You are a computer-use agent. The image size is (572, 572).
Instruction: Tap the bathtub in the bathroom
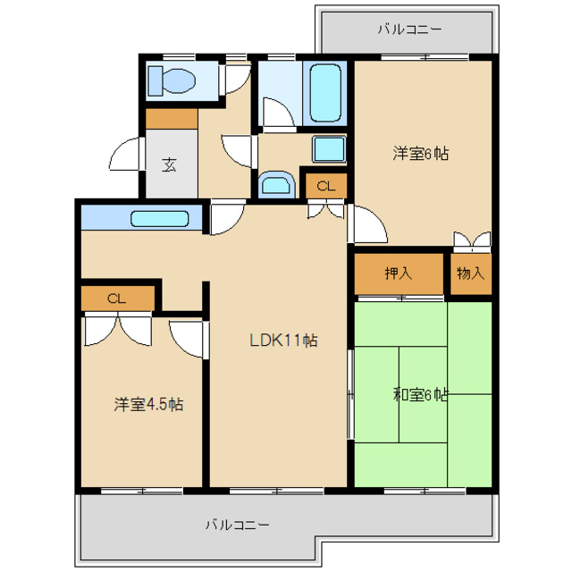click(324, 92)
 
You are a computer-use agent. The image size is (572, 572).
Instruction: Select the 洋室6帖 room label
click(420, 153)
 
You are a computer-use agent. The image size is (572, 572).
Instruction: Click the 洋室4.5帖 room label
click(148, 404)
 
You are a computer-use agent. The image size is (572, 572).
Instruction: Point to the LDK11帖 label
click(283, 341)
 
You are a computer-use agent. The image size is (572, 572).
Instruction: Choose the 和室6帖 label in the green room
click(420, 394)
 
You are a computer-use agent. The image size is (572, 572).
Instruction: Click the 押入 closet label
click(398, 273)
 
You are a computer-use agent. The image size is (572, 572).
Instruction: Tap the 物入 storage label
click(470, 273)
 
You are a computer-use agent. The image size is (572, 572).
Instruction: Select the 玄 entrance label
click(169, 164)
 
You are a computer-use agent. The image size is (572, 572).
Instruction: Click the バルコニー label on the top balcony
click(409, 29)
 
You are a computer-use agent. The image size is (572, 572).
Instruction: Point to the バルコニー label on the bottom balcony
click(237, 524)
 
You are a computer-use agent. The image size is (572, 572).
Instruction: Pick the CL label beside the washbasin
click(326, 186)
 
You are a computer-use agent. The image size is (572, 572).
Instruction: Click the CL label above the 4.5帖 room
click(117, 299)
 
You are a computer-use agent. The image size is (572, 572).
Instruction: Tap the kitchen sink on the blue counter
click(160, 219)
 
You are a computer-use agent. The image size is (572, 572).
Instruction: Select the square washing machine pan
click(329, 148)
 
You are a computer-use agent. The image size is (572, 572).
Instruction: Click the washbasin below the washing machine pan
click(275, 186)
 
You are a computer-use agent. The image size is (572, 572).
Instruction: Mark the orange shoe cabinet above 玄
click(172, 118)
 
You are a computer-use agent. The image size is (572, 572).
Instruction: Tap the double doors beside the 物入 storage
click(471, 241)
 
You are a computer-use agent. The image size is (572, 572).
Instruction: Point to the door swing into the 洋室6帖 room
click(367, 224)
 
